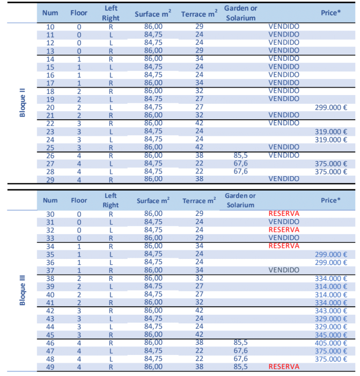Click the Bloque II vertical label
point(23,99)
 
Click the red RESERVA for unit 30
point(284,214)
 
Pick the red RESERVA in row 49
point(284,367)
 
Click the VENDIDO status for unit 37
point(284,270)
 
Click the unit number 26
point(50,155)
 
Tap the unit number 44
point(50,327)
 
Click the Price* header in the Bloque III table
point(330,200)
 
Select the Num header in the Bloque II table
point(50,12)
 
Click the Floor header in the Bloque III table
point(79,200)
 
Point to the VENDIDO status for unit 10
point(284,26)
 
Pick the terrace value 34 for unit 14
point(199,59)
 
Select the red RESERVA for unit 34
point(284,246)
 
